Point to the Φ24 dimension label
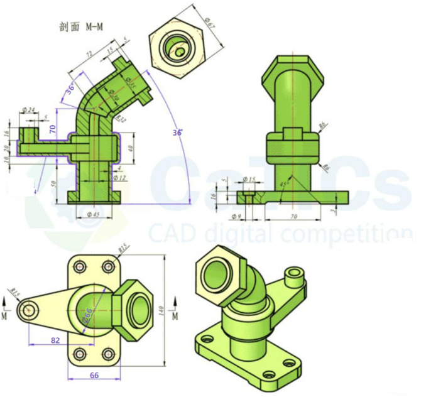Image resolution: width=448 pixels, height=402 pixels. click(28, 110)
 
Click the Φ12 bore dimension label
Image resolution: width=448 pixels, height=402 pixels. click(119, 178)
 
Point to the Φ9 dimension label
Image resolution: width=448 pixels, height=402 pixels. click(237, 217)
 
